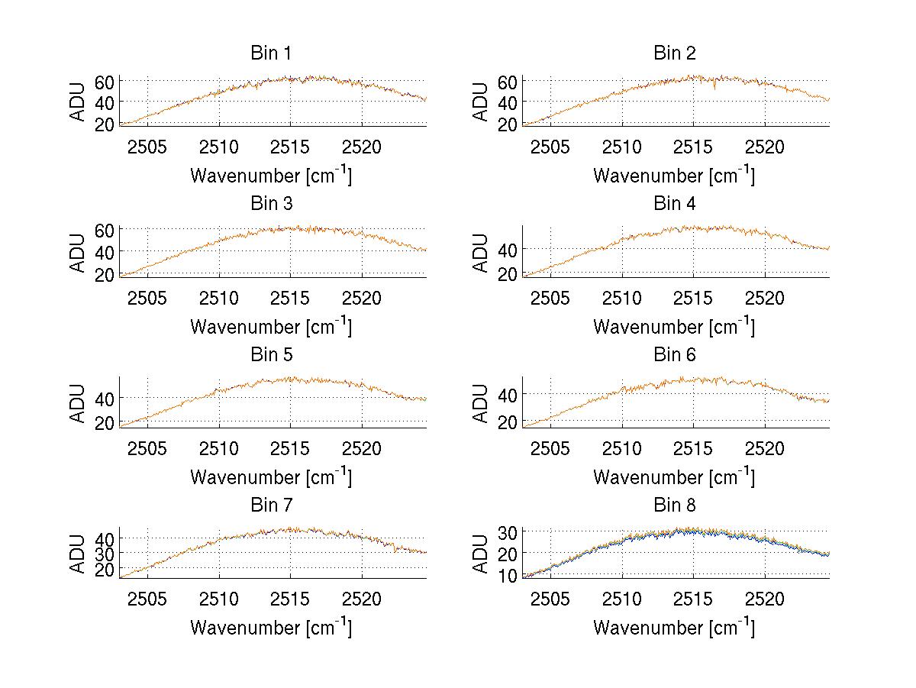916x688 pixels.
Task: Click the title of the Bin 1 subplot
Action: click(271, 53)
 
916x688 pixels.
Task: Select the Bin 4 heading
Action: click(675, 204)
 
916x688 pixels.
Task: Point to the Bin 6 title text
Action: click(675, 355)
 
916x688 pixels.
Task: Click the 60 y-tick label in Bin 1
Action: click(105, 81)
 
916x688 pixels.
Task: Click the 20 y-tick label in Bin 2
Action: click(508, 124)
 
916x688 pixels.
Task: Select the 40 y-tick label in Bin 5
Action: click(105, 398)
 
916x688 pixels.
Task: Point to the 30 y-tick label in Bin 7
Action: click(105, 552)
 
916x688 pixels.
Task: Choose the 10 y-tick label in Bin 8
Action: click(508, 576)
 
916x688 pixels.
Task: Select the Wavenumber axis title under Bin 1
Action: click(271, 176)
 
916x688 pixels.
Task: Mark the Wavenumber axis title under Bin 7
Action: click(271, 628)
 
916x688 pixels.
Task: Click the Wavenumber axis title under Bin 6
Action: click(674, 477)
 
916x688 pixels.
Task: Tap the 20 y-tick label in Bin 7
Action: click(105, 569)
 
